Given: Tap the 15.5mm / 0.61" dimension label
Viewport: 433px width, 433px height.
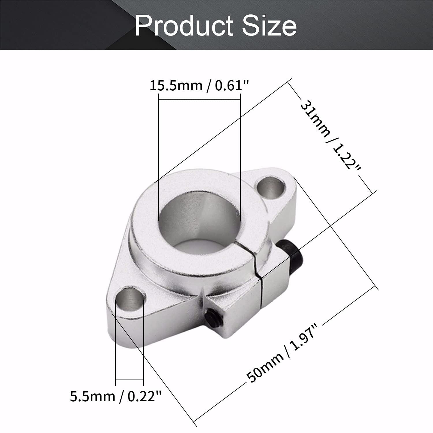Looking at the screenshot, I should click(x=199, y=86).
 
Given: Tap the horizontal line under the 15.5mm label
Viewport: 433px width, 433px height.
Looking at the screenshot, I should click(x=199, y=99).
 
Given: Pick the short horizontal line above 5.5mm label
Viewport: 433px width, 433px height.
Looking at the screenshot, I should click(x=129, y=380).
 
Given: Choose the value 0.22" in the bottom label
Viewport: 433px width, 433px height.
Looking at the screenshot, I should click(x=144, y=396).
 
